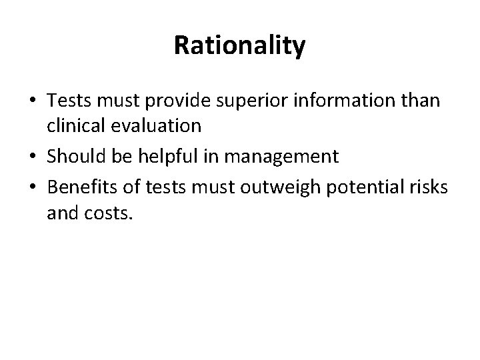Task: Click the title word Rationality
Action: tap(239, 46)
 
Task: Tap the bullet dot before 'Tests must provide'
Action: tap(32, 101)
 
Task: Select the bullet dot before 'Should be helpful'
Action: tap(32, 157)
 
